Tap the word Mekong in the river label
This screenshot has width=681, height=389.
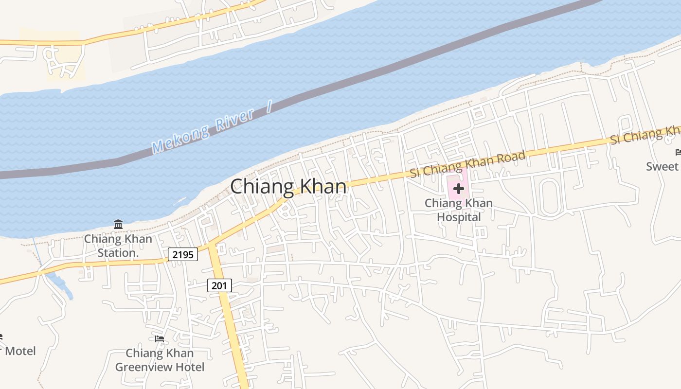(x=180, y=139)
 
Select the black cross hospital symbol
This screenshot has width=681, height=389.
(x=458, y=188)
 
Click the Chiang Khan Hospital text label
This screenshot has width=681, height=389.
(x=458, y=210)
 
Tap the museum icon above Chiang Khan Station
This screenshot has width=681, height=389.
(x=118, y=224)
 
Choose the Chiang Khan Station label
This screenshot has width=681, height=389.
(x=118, y=246)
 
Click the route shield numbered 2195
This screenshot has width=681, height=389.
(x=183, y=254)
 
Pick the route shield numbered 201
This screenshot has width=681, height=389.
(x=219, y=285)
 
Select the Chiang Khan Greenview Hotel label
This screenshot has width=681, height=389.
(x=160, y=360)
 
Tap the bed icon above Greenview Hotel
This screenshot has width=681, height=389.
(x=159, y=338)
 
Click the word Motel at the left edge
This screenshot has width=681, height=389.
(x=20, y=351)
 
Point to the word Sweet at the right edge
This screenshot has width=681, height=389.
(x=662, y=166)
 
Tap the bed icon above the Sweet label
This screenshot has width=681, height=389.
(x=678, y=152)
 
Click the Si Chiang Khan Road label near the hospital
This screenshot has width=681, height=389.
(x=467, y=164)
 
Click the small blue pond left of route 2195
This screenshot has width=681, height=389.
(x=61, y=286)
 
